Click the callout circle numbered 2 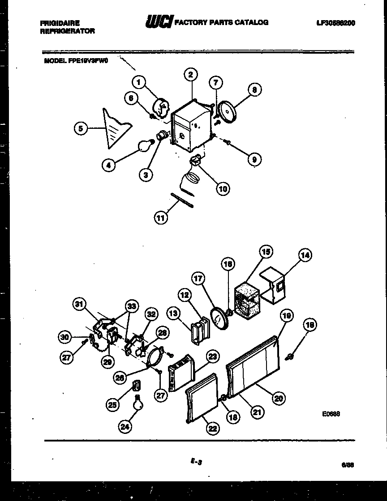(190, 75)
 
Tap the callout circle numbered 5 (80, 129)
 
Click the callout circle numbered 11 (161, 218)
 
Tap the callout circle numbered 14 (305, 255)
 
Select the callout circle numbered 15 (266, 252)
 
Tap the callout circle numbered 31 (79, 305)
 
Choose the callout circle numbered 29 (107, 362)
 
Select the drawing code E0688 (331, 414)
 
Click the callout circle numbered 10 (223, 188)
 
